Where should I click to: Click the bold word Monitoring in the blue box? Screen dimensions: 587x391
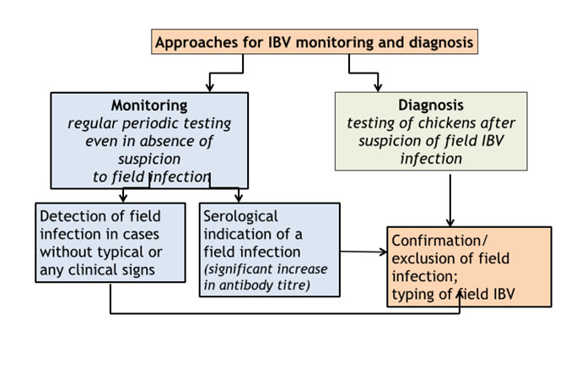[x=149, y=106]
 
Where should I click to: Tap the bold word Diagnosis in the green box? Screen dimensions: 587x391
[x=430, y=106]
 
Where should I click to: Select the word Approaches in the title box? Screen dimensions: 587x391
[x=197, y=43]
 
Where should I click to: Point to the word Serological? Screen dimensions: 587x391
[x=240, y=217]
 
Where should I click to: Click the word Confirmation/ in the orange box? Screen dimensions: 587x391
[x=439, y=241]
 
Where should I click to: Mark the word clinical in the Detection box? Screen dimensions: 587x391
[x=111, y=270]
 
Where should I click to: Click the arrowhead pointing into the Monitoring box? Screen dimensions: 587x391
[x=210, y=88]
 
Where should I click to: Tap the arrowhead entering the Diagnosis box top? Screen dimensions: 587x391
[x=378, y=88]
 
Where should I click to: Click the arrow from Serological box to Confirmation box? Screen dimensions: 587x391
[x=364, y=252]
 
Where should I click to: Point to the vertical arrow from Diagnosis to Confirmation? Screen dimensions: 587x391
[x=450, y=200]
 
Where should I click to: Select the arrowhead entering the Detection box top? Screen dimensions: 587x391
[x=123, y=198]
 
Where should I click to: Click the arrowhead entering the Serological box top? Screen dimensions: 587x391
[x=239, y=198]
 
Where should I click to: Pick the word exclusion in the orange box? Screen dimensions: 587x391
[x=419, y=258]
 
